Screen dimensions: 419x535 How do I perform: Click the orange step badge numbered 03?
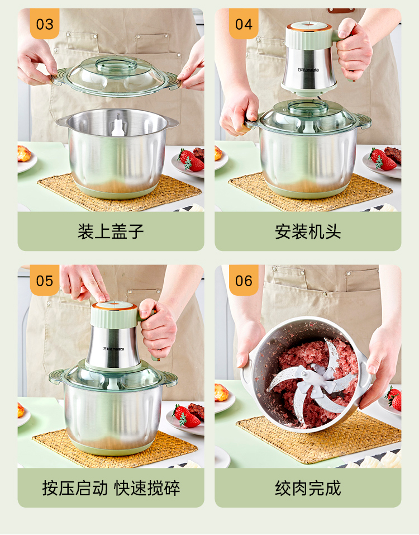[45, 23]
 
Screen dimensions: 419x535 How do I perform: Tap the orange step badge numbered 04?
[244, 23]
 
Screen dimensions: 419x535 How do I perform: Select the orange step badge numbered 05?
[45, 280]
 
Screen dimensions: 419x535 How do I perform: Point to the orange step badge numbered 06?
[244, 280]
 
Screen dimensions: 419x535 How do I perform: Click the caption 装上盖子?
[111, 231]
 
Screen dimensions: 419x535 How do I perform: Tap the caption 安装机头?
[308, 231]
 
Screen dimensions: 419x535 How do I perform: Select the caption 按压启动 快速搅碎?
[111, 488]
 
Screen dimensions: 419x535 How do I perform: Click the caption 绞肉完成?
[308, 488]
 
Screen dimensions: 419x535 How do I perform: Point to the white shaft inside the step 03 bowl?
[118, 125]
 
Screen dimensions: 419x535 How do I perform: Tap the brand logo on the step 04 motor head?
[308, 70]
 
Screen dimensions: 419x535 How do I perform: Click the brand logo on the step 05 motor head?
[114, 349]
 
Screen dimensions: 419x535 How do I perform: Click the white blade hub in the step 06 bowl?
[316, 381]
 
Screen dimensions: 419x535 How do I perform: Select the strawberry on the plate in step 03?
[191, 160]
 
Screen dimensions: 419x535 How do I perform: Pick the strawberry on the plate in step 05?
[186, 416]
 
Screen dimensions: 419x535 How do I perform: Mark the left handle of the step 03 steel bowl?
[63, 121]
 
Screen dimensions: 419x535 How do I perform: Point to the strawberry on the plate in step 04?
[383, 159]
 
